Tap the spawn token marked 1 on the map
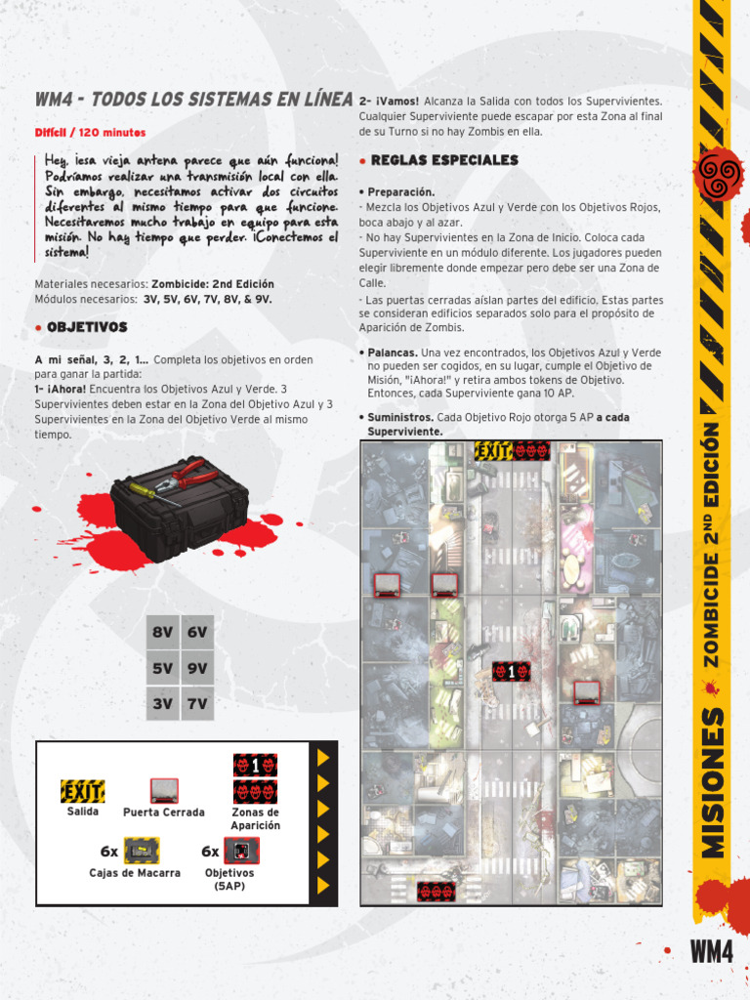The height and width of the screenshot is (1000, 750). coord(512,672)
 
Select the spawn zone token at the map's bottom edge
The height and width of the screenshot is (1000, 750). coord(436,891)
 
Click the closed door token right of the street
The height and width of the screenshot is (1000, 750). coord(586,692)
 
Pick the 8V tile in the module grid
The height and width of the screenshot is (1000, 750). coord(162,632)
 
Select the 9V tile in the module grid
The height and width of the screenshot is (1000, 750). coord(197,668)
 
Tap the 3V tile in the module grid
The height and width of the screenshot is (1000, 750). coord(162,703)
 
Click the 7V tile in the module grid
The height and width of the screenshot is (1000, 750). coord(197,703)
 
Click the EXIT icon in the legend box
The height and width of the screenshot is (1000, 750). coord(83,791)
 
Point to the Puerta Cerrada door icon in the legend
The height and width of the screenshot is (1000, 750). coord(164,790)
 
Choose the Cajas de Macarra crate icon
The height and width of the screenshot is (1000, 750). coord(143,851)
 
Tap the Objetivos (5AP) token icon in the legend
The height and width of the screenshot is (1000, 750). coord(240,851)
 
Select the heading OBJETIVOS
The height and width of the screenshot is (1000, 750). coord(87,327)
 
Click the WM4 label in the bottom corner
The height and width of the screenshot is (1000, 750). coord(711,951)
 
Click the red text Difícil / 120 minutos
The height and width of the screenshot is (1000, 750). coord(90,133)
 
